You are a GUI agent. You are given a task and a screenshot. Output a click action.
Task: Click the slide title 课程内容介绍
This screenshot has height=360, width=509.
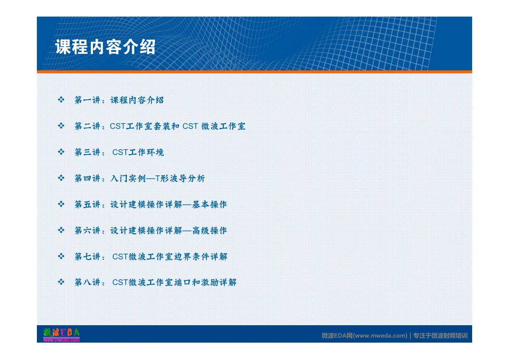pyautogui.click(x=105, y=47)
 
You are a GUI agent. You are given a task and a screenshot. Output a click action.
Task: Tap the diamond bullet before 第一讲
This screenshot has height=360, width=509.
pyautogui.click(x=61, y=100)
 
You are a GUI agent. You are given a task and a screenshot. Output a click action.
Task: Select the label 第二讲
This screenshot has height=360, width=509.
pyautogui.click(x=87, y=126)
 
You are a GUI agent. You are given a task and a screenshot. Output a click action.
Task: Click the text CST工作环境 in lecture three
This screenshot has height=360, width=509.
pyautogui.click(x=138, y=152)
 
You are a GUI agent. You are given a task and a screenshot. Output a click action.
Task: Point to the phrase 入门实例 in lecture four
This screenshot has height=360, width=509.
pyautogui.click(x=128, y=178)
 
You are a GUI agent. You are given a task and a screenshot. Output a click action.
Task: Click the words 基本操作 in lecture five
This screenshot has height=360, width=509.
pyautogui.click(x=209, y=204)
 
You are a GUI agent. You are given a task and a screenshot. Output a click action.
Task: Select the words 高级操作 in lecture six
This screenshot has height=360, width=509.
pyautogui.click(x=209, y=230)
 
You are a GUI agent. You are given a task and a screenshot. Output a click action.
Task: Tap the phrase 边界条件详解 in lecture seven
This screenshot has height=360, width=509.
pyautogui.click(x=201, y=257)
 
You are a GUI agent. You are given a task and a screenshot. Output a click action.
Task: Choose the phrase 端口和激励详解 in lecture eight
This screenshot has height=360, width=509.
pyautogui.click(x=205, y=282)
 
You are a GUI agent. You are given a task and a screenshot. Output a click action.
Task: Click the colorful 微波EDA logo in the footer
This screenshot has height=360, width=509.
pyautogui.click(x=61, y=335)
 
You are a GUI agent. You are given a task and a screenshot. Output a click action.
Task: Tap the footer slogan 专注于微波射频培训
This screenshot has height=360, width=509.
pyautogui.click(x=440, y=336)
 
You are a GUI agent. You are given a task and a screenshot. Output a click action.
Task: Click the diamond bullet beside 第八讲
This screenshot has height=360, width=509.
pyautogui.click(x=61, y=282)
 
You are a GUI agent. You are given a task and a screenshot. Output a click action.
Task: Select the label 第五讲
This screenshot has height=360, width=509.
pyautogui.click(x=87, y=204)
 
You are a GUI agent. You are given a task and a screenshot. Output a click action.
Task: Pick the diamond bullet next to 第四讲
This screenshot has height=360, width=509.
pyautogui.click(x=61, y=178)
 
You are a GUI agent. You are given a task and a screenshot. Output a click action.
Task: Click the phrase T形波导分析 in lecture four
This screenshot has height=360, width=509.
pyautogui.click(x=180, y=178)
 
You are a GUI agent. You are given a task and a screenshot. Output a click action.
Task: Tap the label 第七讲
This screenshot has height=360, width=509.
pyautogui.click(x=87, y=257)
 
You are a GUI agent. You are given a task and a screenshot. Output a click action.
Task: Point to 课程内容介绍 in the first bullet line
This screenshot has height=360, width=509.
pyautogui.click(x=137, y=100)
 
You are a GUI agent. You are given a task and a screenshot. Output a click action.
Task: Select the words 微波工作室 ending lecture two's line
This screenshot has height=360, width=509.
pyautogui.click(x=223, y=126)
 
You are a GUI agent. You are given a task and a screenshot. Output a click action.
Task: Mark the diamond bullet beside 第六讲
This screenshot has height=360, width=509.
pyautogui.click(x=61, y=230)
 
